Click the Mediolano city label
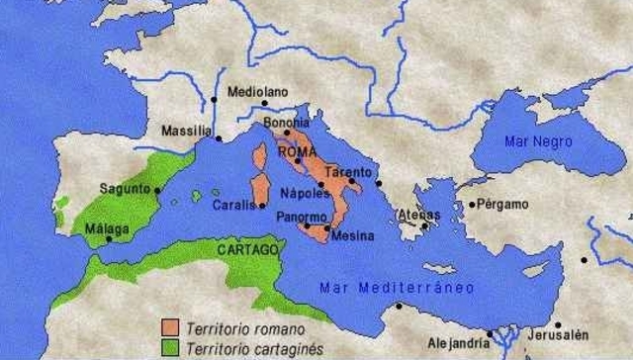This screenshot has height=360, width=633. coord(257,91)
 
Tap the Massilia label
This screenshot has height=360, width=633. coord(186,130)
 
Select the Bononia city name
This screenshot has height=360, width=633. coord(287,123)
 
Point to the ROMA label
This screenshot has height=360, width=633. coord(298,152)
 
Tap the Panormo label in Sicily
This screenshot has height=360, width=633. coord(303,217)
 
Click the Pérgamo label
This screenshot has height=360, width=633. coord(499,205)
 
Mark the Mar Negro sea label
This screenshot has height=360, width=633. coord(539,140)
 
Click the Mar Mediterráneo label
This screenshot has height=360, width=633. coord(396,287)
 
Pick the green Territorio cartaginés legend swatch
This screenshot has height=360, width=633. coord(170,346)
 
